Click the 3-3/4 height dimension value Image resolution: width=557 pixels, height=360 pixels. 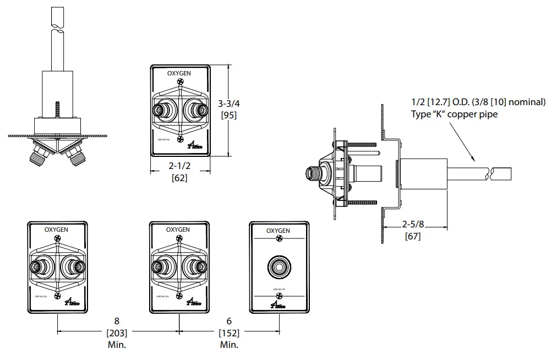pos(229,103)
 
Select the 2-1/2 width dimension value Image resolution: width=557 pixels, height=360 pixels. pos(179,166)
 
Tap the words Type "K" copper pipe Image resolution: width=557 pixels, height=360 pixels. pos(454,114)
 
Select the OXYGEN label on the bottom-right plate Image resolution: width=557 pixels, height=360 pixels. pos(278,231)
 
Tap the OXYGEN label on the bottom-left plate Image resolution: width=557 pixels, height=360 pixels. pos(56,229)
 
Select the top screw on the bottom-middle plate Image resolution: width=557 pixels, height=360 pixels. pos(179,238)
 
